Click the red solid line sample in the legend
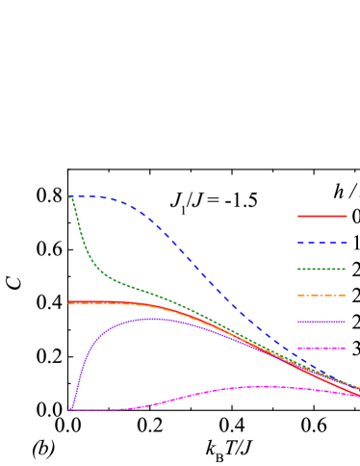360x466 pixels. pos(321,216)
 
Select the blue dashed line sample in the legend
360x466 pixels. pos(321,243)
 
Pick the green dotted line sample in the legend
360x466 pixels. pos(321,269)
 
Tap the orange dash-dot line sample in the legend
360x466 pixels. pos(321,295)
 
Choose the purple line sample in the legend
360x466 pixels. pos(321,322)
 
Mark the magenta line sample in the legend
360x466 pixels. pos(321,348)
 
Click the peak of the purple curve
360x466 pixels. pos(149,319)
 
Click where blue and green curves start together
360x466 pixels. pos(69,196)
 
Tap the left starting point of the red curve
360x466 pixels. pos(69,302)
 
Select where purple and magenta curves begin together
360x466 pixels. pos(69,410)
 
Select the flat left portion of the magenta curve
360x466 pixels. pos(96,410)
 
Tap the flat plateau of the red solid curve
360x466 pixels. pos(96,302)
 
